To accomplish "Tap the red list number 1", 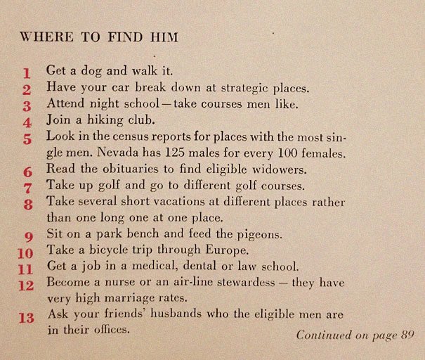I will [27, 72].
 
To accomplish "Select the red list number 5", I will [27, 139].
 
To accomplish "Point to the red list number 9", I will [28, 236].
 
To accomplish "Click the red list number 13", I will [26, 318].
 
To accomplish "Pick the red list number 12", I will [26, 285].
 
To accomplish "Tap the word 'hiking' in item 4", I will [96, 121].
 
